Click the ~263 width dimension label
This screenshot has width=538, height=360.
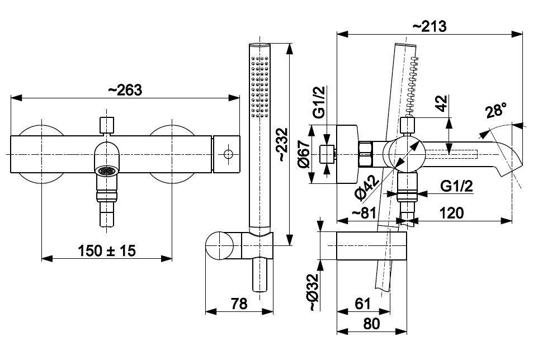click(125, 89)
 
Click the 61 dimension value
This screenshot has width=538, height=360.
click(362, 304)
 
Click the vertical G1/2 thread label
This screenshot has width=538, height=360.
click(318, 103)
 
